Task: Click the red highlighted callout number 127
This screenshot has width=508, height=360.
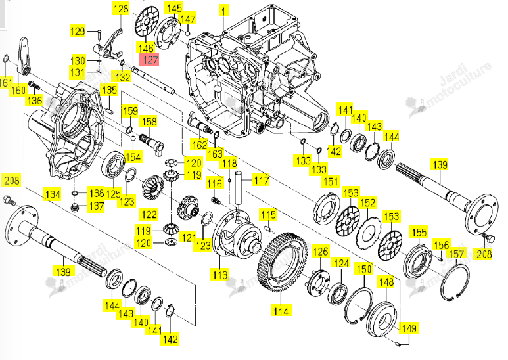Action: pos(150,60)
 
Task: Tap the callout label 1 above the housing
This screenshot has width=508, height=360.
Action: pos(223,11)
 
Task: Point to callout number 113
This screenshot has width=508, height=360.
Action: pos(221,275)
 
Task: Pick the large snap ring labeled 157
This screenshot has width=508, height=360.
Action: pos(455,281)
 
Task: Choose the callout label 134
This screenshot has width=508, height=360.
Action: pos(53,195)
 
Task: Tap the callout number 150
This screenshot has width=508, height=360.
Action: pos(364,269)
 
